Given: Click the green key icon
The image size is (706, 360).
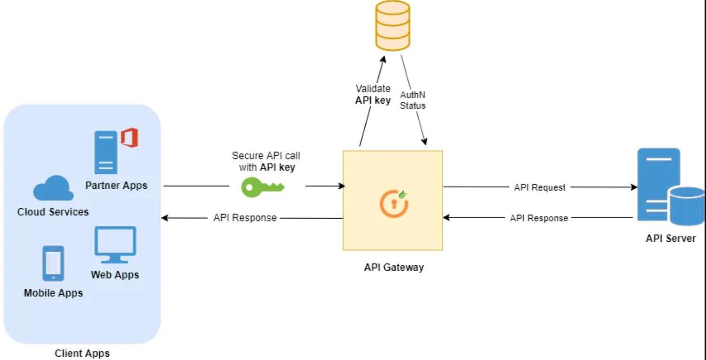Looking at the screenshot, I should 263,187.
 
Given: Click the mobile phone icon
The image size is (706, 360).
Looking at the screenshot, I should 53,263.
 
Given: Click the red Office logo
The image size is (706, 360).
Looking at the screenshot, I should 129,139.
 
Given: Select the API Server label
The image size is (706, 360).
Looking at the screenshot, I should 671,238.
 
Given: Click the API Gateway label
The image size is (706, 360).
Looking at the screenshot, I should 394,267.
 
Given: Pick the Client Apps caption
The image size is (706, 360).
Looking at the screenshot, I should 82,353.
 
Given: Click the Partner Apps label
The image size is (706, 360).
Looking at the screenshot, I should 116,185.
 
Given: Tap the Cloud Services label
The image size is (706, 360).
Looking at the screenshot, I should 53,211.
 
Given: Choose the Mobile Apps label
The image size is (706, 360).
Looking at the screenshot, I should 53,293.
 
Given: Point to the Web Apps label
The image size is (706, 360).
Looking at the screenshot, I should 115,274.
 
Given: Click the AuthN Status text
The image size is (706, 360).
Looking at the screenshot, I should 413,101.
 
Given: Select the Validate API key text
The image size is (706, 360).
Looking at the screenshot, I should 373,94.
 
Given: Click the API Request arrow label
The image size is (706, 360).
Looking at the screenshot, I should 539,187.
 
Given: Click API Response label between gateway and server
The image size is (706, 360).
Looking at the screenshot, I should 539,218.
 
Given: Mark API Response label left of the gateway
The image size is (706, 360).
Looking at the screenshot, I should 245,218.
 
